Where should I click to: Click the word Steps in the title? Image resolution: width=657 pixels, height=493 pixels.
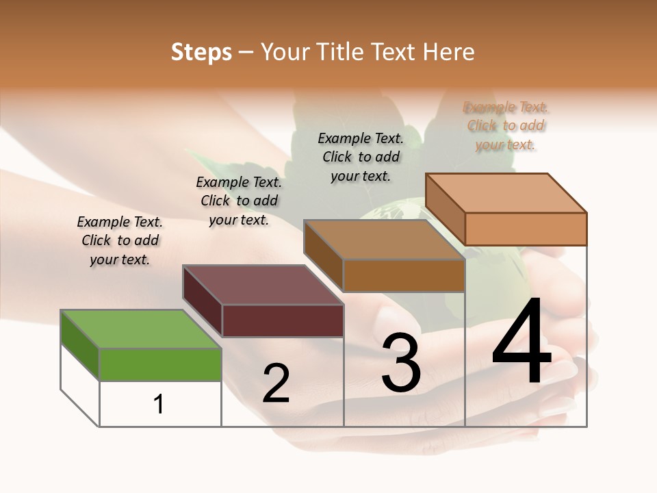point(201,52)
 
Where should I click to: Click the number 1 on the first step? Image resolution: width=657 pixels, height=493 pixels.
point(159,404)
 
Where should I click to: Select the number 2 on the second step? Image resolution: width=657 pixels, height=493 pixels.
point(276,383)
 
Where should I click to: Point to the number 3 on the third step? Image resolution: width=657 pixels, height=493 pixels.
point(400,363)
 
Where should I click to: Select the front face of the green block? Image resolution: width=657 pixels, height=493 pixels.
point(160,364)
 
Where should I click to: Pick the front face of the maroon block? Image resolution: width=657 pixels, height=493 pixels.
point(283,320)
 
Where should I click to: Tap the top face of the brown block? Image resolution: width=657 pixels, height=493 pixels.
point(383,240)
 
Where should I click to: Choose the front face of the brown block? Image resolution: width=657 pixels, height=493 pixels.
point(404,276)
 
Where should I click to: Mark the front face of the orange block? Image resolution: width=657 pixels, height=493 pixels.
point(526,229)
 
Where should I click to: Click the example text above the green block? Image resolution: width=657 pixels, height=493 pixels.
point(120,240)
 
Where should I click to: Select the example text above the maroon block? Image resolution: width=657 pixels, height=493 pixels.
point(239,201)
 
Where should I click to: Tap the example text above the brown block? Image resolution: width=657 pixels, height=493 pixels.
point(361,157)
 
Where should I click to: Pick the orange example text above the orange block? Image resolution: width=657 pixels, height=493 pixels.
point(506,125)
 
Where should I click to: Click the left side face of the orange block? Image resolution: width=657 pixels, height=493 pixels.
point(445,209)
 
